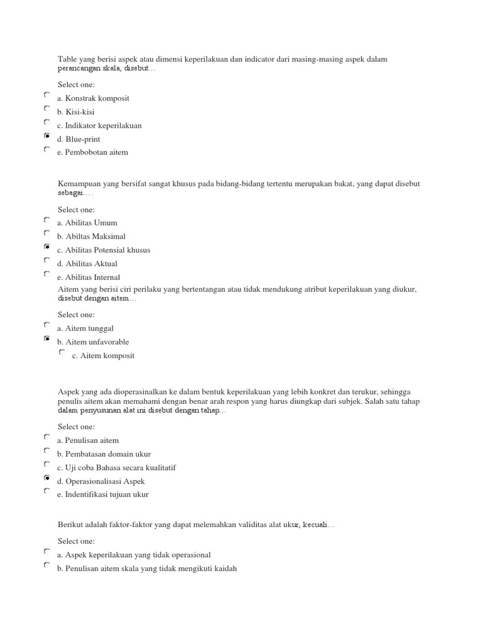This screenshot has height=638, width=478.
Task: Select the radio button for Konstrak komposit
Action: (x=47, y=95)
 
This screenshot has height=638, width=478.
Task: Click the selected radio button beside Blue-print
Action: (x=47, y=136)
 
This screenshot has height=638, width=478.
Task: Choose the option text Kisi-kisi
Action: (x=76, y=112)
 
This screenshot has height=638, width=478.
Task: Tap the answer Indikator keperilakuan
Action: (x=99, y=126)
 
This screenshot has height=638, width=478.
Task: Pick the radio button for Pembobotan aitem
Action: (x=47, y=150)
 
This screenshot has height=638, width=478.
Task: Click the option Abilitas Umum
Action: (x=87, y=223)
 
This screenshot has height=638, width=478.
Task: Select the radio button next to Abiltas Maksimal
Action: (x=47, y=233)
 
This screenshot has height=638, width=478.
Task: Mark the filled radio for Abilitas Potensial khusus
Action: (x=47, y=247)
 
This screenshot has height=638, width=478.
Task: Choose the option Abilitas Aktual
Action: (x=87, y=264)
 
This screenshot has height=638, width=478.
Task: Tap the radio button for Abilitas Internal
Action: (x=47, y=274)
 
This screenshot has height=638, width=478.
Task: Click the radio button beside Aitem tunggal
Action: (x=47, y=325)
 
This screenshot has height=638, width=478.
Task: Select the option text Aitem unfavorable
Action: (x=93, y=342)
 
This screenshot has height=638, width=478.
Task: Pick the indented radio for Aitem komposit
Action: (x=62, y=353)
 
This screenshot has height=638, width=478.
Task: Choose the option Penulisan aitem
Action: (x=88, y=440)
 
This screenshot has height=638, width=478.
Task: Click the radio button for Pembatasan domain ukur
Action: (x=47, y=450)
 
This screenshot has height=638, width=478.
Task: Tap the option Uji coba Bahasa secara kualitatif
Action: (x=113, y=468)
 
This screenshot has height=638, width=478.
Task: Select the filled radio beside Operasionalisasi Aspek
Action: (x=47, y=478)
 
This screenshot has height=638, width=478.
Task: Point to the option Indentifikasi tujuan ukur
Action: (x=103, y=495)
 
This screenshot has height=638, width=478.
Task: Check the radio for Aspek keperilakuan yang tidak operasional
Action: (x=47, y=551)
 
